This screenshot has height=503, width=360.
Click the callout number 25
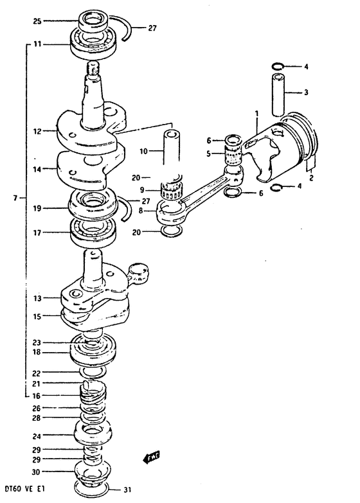[37, 21]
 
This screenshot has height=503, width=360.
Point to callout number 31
[127, 490]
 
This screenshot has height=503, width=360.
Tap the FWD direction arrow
[151, 457]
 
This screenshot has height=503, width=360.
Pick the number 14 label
[37, 170]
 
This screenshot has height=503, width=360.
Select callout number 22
[37, 373]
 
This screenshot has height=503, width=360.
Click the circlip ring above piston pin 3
[277, 67]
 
